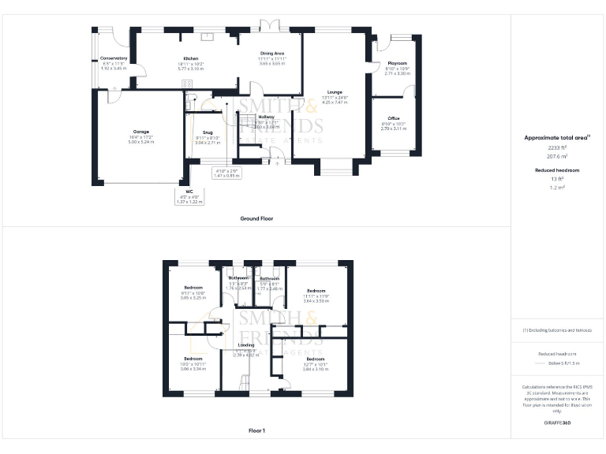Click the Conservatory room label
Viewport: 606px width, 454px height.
pyautogui.click(x=114, y=58)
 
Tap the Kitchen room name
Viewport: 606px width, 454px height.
pyautogui.click(x=191, y=58)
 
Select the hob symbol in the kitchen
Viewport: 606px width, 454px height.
pyautogui.click(x=188, y=84)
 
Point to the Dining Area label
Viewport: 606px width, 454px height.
pyautogui.click(x=272, y=54)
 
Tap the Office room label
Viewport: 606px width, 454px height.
pyautogui.click(x=393, y=118)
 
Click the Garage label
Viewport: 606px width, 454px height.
pyautogui.click(x=140, y=132)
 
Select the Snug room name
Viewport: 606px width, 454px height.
pyautogui.click(x=208, y=132)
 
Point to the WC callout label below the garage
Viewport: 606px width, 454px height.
pyautogui.click(x=189, y=192)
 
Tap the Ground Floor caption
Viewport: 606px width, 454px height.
pyautogui.click(x=256, y=218)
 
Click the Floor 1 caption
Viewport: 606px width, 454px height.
pyautogui.click(x=256, y=431)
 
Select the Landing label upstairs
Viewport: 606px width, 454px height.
pyautogui.click(x=245, y=345)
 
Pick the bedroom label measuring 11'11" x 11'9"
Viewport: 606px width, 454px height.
pyautogui.click(x=316, y=291)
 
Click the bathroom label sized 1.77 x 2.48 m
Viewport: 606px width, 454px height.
pyautogui.click(x=270, y=288)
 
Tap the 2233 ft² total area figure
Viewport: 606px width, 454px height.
pyautogui.click(x=557, y=147)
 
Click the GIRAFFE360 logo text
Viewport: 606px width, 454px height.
pyautogui.click(x=557, y=422)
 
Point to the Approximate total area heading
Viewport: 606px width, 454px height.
pyautogui.click(x=557, y=137)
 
